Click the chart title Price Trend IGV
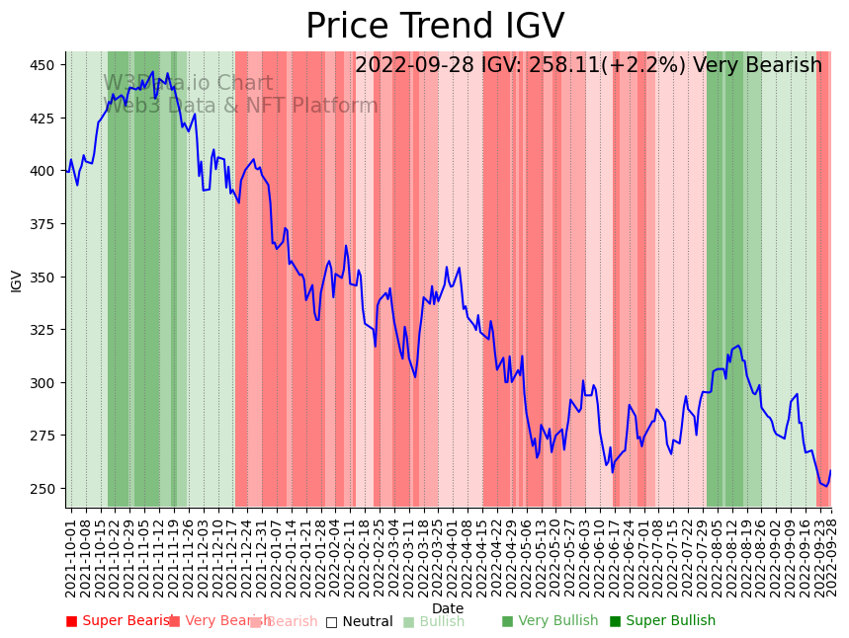435,27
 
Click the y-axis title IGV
16,280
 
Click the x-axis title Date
448,608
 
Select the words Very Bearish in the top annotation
757,66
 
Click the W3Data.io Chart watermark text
188,84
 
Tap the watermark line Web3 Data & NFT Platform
241,107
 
